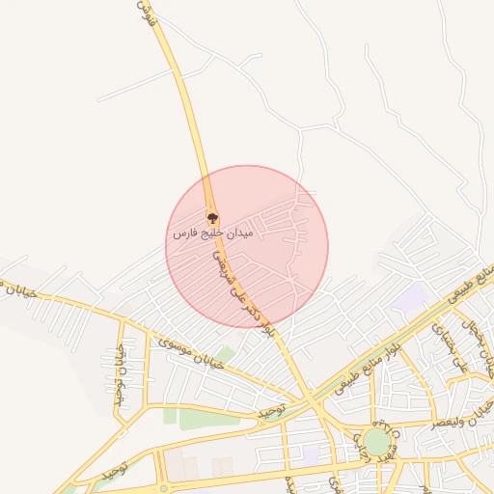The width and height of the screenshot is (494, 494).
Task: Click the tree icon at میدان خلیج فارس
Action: pyautogui.click(x=212, y=217)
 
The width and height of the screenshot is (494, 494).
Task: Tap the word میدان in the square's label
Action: pyautogui.click(x=237, y=233)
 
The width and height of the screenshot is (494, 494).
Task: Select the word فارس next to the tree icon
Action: pyautogui.click(x=183, y=234)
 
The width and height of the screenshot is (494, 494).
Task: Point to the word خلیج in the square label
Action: pyautogui.click(x=209, y=234)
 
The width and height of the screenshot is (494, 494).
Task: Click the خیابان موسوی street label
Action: pyautogui.click(x=192, y=353)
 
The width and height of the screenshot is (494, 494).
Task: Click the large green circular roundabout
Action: pyautogui.click(x=377, y=442)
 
